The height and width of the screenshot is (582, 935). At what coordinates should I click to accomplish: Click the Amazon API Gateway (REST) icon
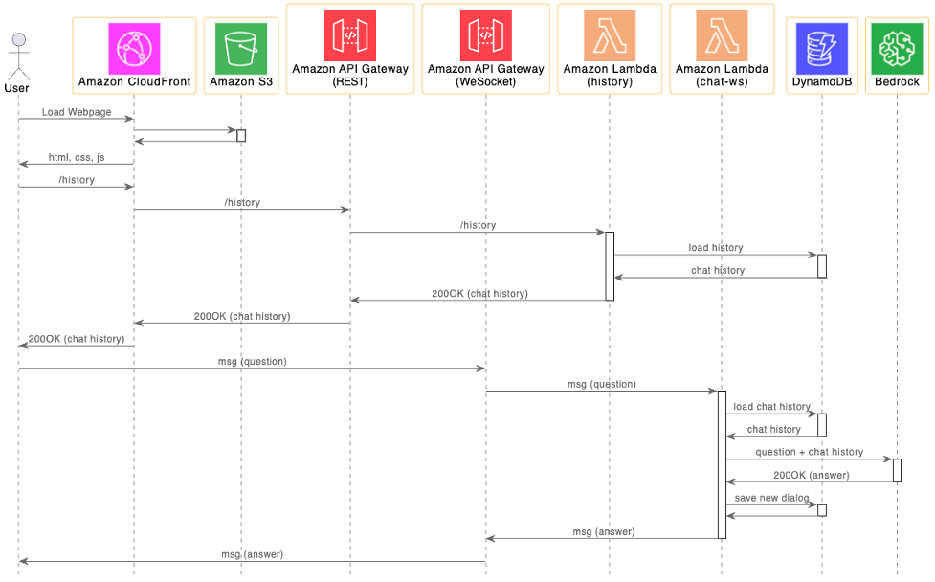point(350,35)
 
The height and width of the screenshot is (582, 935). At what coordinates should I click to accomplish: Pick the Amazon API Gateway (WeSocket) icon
point(485,35)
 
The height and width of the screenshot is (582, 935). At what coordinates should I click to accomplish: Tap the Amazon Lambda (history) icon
point(610,35)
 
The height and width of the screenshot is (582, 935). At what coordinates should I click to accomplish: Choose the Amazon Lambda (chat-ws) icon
point(722,35)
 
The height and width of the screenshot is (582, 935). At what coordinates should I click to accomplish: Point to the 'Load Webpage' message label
point(77,112)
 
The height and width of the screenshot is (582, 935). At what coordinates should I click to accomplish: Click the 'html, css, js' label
point(77,157)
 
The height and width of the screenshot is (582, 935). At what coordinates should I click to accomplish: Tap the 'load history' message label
point(716,248)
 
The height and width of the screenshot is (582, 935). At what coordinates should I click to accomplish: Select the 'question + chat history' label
point(809,452)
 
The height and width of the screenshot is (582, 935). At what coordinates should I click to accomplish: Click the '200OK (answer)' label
point(810,475)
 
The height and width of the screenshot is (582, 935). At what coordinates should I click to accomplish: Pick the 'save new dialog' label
point(771,498)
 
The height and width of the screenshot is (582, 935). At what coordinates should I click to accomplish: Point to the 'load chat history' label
point(771,407)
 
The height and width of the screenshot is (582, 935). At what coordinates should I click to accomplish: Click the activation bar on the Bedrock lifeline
point(897,470)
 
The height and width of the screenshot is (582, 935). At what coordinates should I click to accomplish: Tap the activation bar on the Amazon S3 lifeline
point(241,135)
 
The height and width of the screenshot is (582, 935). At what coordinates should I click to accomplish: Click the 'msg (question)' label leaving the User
point(252,361)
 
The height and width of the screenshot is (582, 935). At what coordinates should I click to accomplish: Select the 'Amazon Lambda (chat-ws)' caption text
point(722,76)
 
